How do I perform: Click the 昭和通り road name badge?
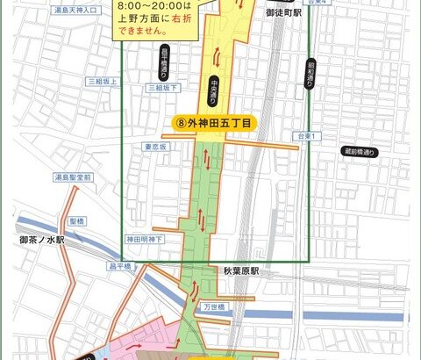tap(310, 75)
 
